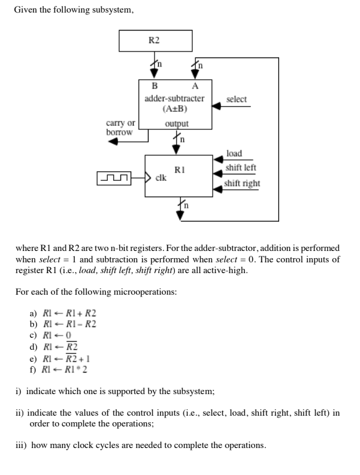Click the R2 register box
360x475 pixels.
tap(156, 40)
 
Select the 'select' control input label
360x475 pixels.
tap(236, 99)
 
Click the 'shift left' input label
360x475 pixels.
tap(240, 168)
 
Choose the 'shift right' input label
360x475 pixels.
tap(242, 182)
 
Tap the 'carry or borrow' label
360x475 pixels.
tap(120, 127)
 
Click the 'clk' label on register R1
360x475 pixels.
tap(161, 178)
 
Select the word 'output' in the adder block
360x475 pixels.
tap(176, 123)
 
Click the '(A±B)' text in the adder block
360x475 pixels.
tap(175, 108)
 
